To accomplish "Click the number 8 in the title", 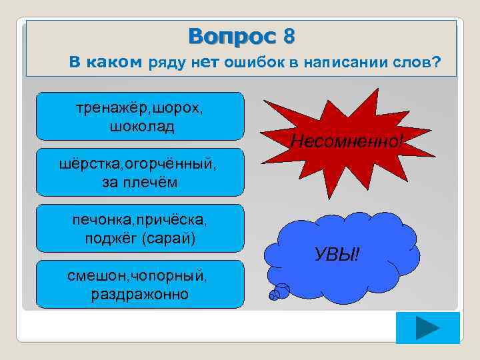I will pos(288,36).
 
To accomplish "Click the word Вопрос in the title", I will pos(231,36).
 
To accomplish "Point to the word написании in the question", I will pos(341,63).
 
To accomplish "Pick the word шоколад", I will pos(139,125).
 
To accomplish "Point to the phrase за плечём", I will pos(139,181).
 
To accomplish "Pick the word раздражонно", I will pos(139,294).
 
